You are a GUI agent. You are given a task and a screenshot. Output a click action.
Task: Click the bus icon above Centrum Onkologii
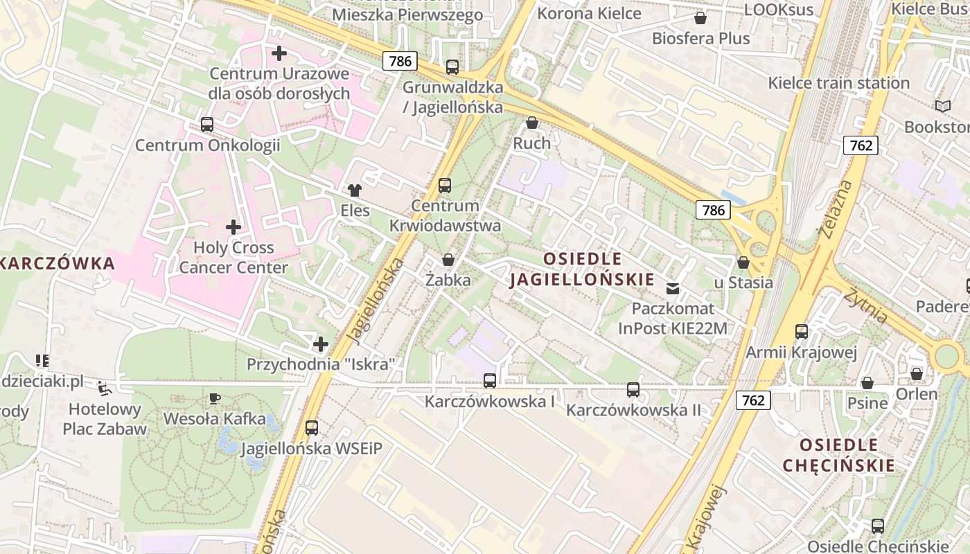point(206,125)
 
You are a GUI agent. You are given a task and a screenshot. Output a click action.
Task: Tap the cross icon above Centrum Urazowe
point(279,53)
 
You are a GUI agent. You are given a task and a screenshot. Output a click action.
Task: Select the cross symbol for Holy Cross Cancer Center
point(233,226)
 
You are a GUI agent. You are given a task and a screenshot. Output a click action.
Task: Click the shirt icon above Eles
point(355,190)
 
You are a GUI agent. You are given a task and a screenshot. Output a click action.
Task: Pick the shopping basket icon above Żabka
point(448,260)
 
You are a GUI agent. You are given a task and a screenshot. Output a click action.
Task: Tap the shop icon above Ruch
point(532,123)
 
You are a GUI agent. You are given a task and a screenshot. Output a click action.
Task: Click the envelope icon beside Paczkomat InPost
point(672,288)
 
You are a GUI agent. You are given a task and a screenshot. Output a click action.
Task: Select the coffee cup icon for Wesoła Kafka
point(215,398)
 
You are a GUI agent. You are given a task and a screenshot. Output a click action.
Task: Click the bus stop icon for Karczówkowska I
point(489,380)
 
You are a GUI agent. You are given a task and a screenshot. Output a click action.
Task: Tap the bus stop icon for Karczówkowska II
point(633,389)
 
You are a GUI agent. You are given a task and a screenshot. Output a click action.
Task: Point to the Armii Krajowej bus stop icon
point(802,332)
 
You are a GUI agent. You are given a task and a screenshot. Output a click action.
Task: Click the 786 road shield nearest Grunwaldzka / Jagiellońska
point(400,61)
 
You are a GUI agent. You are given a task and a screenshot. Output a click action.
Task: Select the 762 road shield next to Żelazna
point(861,145)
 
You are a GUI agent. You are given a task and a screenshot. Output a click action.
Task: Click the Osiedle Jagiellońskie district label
point(582,269)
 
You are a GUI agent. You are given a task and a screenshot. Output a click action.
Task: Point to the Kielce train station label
point(838,83)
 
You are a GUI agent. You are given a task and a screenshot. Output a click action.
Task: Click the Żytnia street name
point(866,305)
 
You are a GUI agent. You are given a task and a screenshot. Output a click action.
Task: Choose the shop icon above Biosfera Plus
point(700,18)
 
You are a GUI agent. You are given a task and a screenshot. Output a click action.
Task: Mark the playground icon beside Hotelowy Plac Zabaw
point(104,388)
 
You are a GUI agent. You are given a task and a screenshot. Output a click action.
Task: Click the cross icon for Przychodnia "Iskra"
point(320,343)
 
